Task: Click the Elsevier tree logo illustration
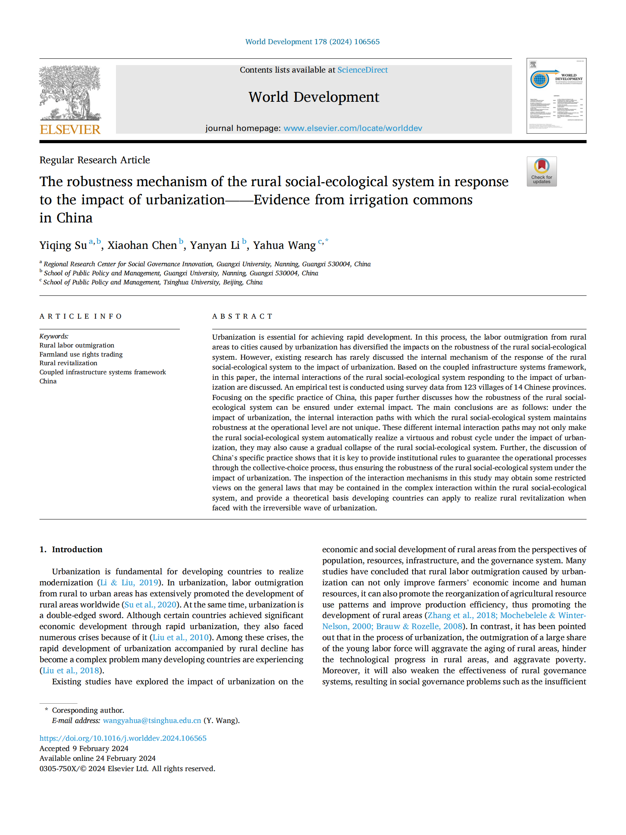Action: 70,93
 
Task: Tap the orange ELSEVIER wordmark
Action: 70,129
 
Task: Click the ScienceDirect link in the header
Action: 362,70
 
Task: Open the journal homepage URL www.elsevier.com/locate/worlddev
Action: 353,128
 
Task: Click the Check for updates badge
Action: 541,172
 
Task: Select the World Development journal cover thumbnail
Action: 556,96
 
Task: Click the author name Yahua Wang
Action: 284,245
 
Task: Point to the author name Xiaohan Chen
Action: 142,245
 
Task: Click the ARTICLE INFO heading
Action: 80,316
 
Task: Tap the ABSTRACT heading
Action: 242,316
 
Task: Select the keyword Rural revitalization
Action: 68,363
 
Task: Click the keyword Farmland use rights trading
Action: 81,354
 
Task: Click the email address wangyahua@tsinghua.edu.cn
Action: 152,720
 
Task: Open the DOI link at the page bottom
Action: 123,738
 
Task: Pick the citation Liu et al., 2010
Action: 181,637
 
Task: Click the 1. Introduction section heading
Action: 71,549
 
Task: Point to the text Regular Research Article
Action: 95,160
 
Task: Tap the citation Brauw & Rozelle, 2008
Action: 419,626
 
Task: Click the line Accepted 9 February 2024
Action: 84,748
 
